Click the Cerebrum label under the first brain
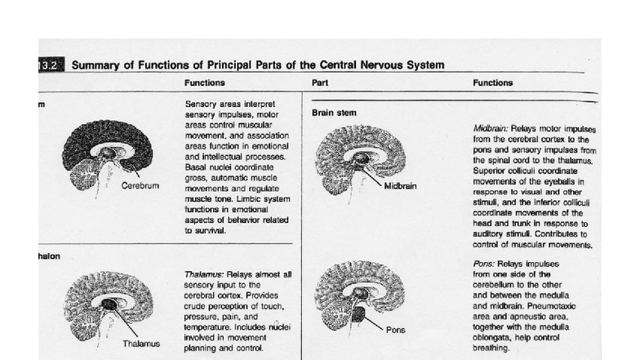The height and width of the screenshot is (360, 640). click(x=140, y=185)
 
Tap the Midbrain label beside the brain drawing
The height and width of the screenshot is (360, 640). click(x=400, y=185)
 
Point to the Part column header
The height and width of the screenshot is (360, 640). click(x=320, y=82)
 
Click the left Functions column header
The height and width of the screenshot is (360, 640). click(x=205, y=82)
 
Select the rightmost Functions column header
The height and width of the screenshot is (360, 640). click(x=492, y=82)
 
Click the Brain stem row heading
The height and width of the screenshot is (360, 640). click(x=335, y=113)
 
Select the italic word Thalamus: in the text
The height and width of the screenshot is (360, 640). click(x=208, y=273)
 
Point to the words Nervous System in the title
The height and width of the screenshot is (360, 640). click(x=405, y=64)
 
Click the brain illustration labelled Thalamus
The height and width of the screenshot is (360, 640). click(x=106, y=306)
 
